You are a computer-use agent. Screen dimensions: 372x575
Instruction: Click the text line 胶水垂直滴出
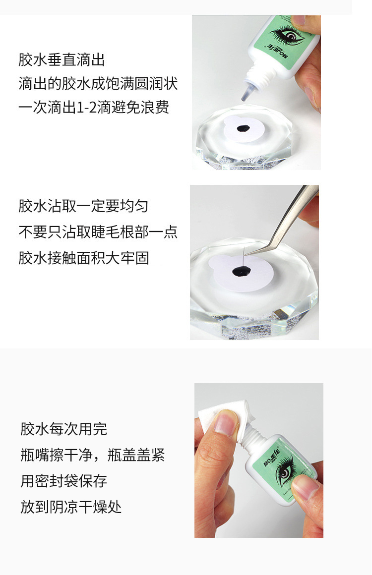pos(62,60)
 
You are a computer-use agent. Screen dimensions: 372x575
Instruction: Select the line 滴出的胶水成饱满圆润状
pos(98,84)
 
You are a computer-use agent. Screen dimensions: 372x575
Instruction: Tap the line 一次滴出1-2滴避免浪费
pos(94,108)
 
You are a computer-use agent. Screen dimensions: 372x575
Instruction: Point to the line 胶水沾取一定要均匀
pos(83,206)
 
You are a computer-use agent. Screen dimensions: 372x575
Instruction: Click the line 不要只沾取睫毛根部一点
pos(98,232)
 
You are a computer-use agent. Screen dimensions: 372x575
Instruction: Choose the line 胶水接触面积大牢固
pos(84,258)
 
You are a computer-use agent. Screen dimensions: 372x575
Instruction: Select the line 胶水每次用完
pos(64,429)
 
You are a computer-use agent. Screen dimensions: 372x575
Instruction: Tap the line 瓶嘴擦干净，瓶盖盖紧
pos(93,455)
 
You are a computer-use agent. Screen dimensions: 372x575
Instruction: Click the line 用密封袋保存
pos(64,481)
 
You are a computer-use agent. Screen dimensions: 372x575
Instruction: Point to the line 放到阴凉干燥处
pos(71,507)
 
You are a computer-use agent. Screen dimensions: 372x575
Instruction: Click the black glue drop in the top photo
pos(243,128)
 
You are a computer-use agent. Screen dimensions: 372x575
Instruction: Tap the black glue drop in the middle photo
pos(242,272)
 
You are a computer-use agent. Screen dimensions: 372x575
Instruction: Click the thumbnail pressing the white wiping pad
pos(226,423)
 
